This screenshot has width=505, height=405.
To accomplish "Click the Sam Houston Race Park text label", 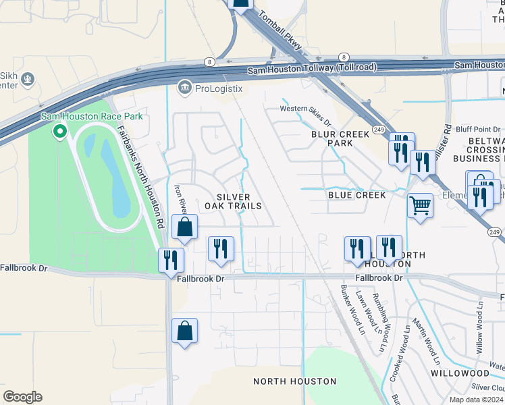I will [92, 116].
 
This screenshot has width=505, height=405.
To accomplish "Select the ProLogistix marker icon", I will [184, 86].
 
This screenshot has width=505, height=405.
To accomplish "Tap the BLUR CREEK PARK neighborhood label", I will [341, 138].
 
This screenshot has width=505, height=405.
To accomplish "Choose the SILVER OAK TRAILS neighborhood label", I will [229, 200].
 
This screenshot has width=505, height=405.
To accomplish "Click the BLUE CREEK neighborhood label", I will [356, 195].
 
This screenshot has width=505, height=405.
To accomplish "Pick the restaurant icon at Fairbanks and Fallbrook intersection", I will [171, 259].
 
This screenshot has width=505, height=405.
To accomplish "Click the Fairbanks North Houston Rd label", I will [141, 176].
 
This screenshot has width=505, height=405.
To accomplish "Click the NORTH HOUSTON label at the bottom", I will [294, 381].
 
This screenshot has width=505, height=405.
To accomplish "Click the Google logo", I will [22, 396].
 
